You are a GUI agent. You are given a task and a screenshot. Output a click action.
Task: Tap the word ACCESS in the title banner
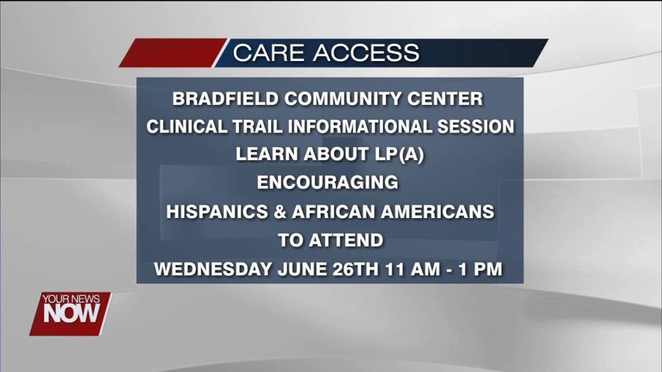(366, 54)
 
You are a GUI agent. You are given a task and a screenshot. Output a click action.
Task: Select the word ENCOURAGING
(328, 183)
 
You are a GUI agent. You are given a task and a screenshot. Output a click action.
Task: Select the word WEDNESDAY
(211, 269)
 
